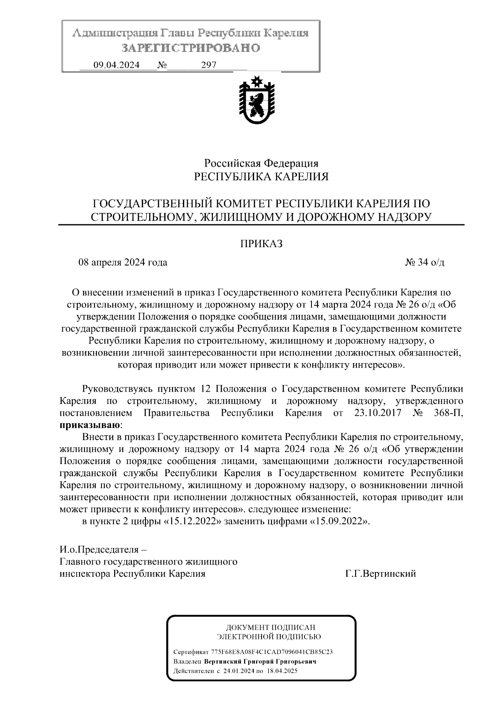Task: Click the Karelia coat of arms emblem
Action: [x=257, y=99]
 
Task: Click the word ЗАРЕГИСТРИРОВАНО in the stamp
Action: [x=191, y=48]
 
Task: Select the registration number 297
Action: [x=209, y=65]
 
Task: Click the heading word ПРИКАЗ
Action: [x=261, y=244]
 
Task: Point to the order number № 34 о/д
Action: [x=425, y=263]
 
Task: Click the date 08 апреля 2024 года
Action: [x=123, y=263]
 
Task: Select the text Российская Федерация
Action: [x=261, y=163]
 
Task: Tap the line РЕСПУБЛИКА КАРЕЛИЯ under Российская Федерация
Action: [x=261, y=177]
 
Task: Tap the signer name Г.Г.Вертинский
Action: [x=380, y=574]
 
